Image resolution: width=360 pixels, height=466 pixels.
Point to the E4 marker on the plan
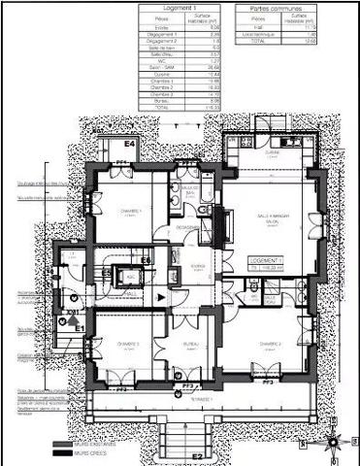[x=128, y=144]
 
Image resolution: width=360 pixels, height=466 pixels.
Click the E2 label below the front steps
[x=195, y=455]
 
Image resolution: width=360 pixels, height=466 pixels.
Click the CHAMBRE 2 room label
[x=270, y=344]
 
